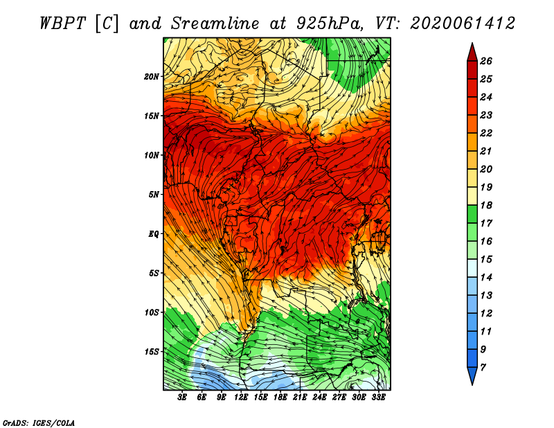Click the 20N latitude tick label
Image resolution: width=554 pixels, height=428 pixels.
152,77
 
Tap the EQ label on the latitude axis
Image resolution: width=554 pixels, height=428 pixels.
154,234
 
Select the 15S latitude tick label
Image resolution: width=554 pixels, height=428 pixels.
152,352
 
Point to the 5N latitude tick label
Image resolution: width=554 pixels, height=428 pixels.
154,195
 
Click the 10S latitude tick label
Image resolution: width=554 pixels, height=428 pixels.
152,312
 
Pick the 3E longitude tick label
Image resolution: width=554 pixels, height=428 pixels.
182,398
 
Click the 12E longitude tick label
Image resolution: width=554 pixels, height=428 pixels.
241,398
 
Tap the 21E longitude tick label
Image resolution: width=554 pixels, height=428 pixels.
300,398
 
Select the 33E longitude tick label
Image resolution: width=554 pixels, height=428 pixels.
378,398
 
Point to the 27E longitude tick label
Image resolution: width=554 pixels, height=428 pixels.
339,398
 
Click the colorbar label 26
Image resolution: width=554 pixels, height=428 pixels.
486,62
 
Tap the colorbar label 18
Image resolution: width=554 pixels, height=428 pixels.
486,206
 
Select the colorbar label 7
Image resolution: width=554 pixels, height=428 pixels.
483,368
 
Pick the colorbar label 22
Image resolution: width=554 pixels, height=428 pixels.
486,134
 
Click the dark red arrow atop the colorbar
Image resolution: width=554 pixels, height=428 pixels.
472,53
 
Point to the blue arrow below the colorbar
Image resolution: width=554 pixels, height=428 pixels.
472,376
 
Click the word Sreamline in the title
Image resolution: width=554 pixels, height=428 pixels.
215,24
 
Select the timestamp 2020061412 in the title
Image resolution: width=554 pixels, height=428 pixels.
463,24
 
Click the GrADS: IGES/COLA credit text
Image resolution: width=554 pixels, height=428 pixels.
39,423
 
